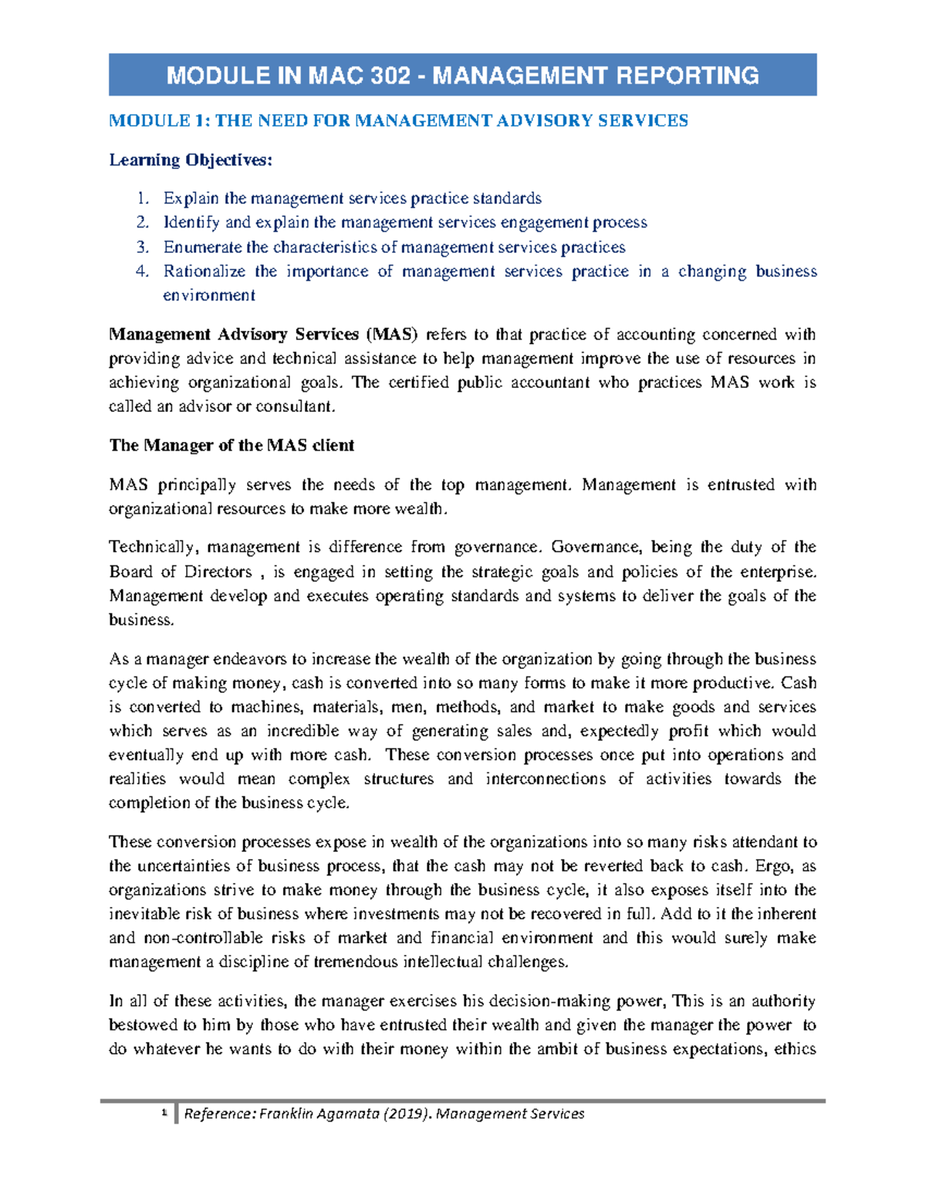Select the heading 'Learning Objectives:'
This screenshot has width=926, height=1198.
coord(191,160)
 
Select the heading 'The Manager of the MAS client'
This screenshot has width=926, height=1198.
coord(231,445)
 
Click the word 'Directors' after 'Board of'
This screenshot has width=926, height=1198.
coord(218,572)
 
